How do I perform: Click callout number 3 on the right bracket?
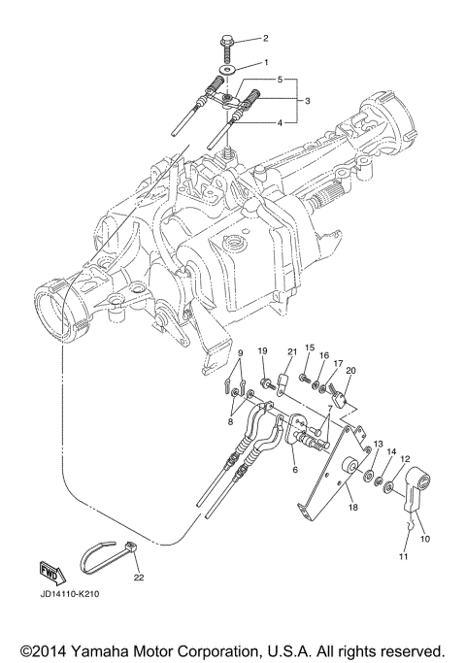tap(306, 100)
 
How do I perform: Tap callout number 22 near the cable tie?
tap(138, 577)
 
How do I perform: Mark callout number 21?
tap(289, 350)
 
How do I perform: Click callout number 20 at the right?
tap(350, 370)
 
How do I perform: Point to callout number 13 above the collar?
tap(378, 443)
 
